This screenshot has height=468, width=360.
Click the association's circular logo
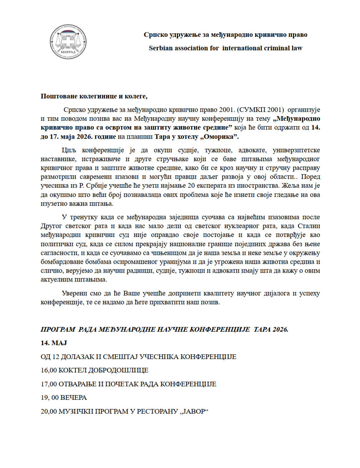pyautogui.click(x=68, y=42)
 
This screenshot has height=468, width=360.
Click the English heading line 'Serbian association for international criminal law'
pyautogui.click(x=226, y=48)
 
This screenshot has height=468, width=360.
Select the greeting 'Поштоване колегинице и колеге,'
pyautogui.click(x=94, y=96)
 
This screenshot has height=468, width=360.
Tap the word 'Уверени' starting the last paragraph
pyautogui.click(x=73, y=294)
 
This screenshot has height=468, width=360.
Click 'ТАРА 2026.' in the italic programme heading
pyautogui.click(x=271, y=330)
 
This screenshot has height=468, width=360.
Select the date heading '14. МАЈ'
pyautogui.click(x=54, y=343)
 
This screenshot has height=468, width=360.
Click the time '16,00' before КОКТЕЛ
pyautogui.click(x=49, y=370)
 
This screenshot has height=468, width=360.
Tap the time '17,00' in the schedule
pyautogui.click(x=49, y=384)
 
